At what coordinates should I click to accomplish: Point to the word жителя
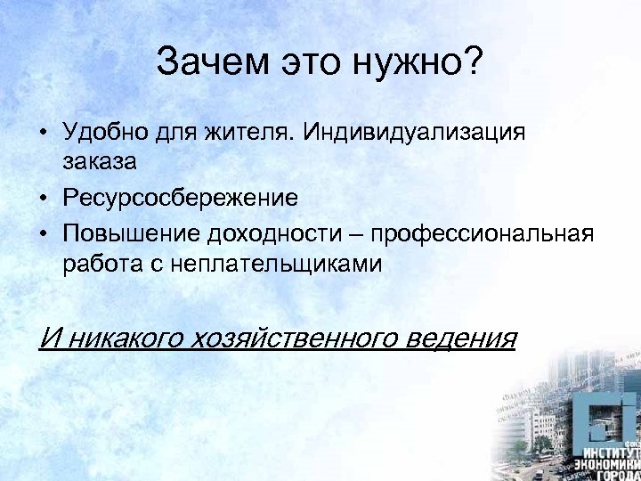249,133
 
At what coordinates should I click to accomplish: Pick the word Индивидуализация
415,133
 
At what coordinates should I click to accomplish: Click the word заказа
99,164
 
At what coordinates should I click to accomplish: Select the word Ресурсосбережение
181,198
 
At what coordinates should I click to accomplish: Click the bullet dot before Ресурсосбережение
43,198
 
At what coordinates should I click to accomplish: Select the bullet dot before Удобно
43,133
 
